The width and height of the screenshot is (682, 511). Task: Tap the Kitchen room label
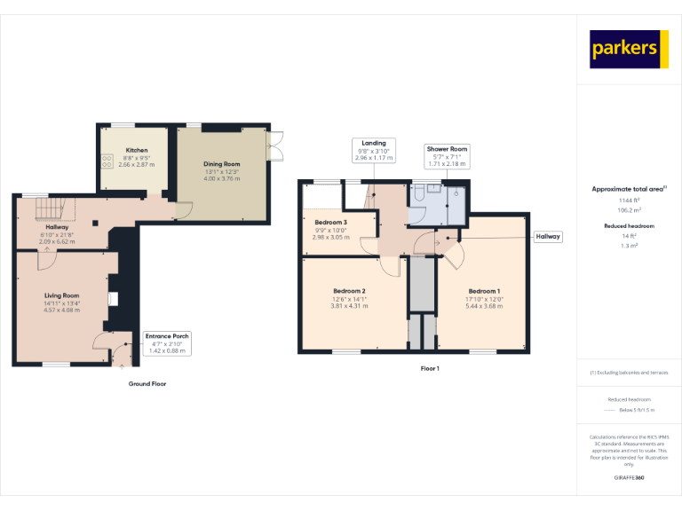136,151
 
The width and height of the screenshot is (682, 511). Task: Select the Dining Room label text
222,164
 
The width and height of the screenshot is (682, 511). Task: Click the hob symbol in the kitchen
107,161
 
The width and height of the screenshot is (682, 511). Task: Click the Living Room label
62,295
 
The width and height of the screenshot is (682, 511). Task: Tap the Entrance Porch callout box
168,343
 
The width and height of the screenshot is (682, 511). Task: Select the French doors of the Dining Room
274,146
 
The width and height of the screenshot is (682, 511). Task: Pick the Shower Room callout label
447,156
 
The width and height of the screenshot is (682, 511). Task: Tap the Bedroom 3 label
330,222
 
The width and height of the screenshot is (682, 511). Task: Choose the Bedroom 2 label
349,291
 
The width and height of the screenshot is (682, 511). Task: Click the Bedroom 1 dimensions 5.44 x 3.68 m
484,306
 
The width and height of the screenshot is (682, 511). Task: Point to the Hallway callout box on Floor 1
547,237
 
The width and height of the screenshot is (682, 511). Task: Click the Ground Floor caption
147,384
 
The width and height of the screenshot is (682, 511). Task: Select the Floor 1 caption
430,368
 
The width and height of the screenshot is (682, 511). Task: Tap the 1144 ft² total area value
629,200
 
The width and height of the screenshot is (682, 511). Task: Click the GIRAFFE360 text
629,478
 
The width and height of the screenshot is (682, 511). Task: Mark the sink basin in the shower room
456,192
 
